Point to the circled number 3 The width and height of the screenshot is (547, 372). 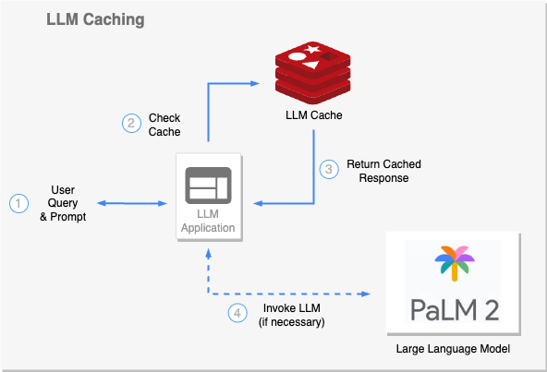click(x=329, y=170)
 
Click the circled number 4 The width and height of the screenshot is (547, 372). click(x=237, y=313)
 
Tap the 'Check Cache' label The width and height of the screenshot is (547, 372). click(x=164, y=125)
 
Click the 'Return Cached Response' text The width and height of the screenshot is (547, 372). click(x=377, y=170)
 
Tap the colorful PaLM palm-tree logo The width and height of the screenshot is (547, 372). click(x=454, y=263)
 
